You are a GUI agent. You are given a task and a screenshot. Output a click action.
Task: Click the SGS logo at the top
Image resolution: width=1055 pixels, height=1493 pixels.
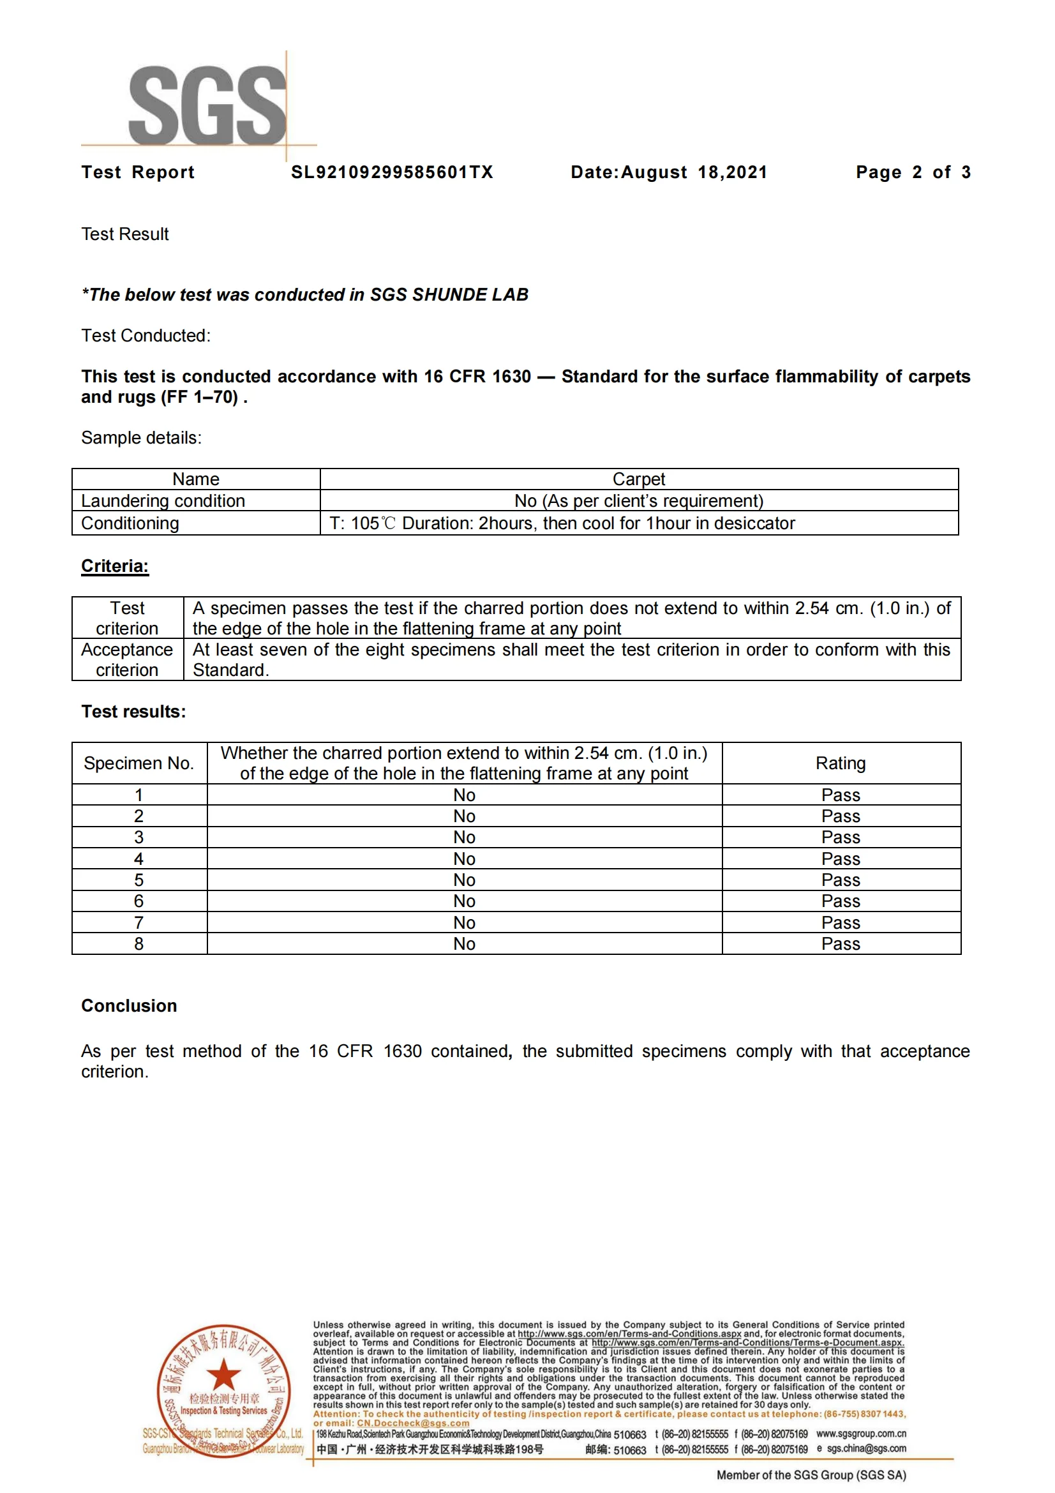pos(207,105)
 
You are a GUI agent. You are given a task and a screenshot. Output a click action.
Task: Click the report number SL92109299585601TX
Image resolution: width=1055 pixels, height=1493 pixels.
pos(392,172)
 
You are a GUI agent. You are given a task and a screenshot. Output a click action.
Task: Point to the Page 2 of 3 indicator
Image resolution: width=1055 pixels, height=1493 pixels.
pos(913,172)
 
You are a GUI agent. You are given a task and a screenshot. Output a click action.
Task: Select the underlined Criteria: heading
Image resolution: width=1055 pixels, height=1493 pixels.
pos(115,566)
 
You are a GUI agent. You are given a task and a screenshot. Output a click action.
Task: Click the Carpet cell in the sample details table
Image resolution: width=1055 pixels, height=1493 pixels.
pos(638,479)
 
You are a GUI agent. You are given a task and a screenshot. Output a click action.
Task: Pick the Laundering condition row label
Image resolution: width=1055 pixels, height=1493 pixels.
pos(163,500)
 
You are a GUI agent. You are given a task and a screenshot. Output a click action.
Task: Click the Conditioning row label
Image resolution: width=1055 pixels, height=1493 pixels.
pos(130,523)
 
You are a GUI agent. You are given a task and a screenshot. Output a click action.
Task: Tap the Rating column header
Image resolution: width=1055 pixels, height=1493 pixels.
pos(841,763)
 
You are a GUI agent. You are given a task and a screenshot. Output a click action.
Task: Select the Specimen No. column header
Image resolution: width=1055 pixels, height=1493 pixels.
pos(139,763)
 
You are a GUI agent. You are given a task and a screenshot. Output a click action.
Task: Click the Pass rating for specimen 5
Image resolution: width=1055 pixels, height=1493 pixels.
pos(841,880)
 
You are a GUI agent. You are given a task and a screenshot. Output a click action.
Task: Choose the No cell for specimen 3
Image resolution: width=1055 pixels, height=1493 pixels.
pos(464,837)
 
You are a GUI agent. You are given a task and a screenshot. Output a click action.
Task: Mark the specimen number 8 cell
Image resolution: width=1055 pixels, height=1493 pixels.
pos(139,943)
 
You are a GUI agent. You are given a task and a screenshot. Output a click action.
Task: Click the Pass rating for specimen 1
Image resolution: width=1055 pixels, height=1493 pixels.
pos(841,795)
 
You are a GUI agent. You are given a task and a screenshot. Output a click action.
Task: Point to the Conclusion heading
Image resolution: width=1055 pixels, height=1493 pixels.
pos(129,1006)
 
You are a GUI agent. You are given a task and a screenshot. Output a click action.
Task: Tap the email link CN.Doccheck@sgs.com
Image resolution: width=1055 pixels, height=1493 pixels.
pos(413,1423)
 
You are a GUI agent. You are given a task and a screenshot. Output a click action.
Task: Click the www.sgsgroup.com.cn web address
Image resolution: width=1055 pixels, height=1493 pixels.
pos(860,1434)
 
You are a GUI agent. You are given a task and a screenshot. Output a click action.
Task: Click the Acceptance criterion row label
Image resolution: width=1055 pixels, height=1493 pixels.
pos(128,659)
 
